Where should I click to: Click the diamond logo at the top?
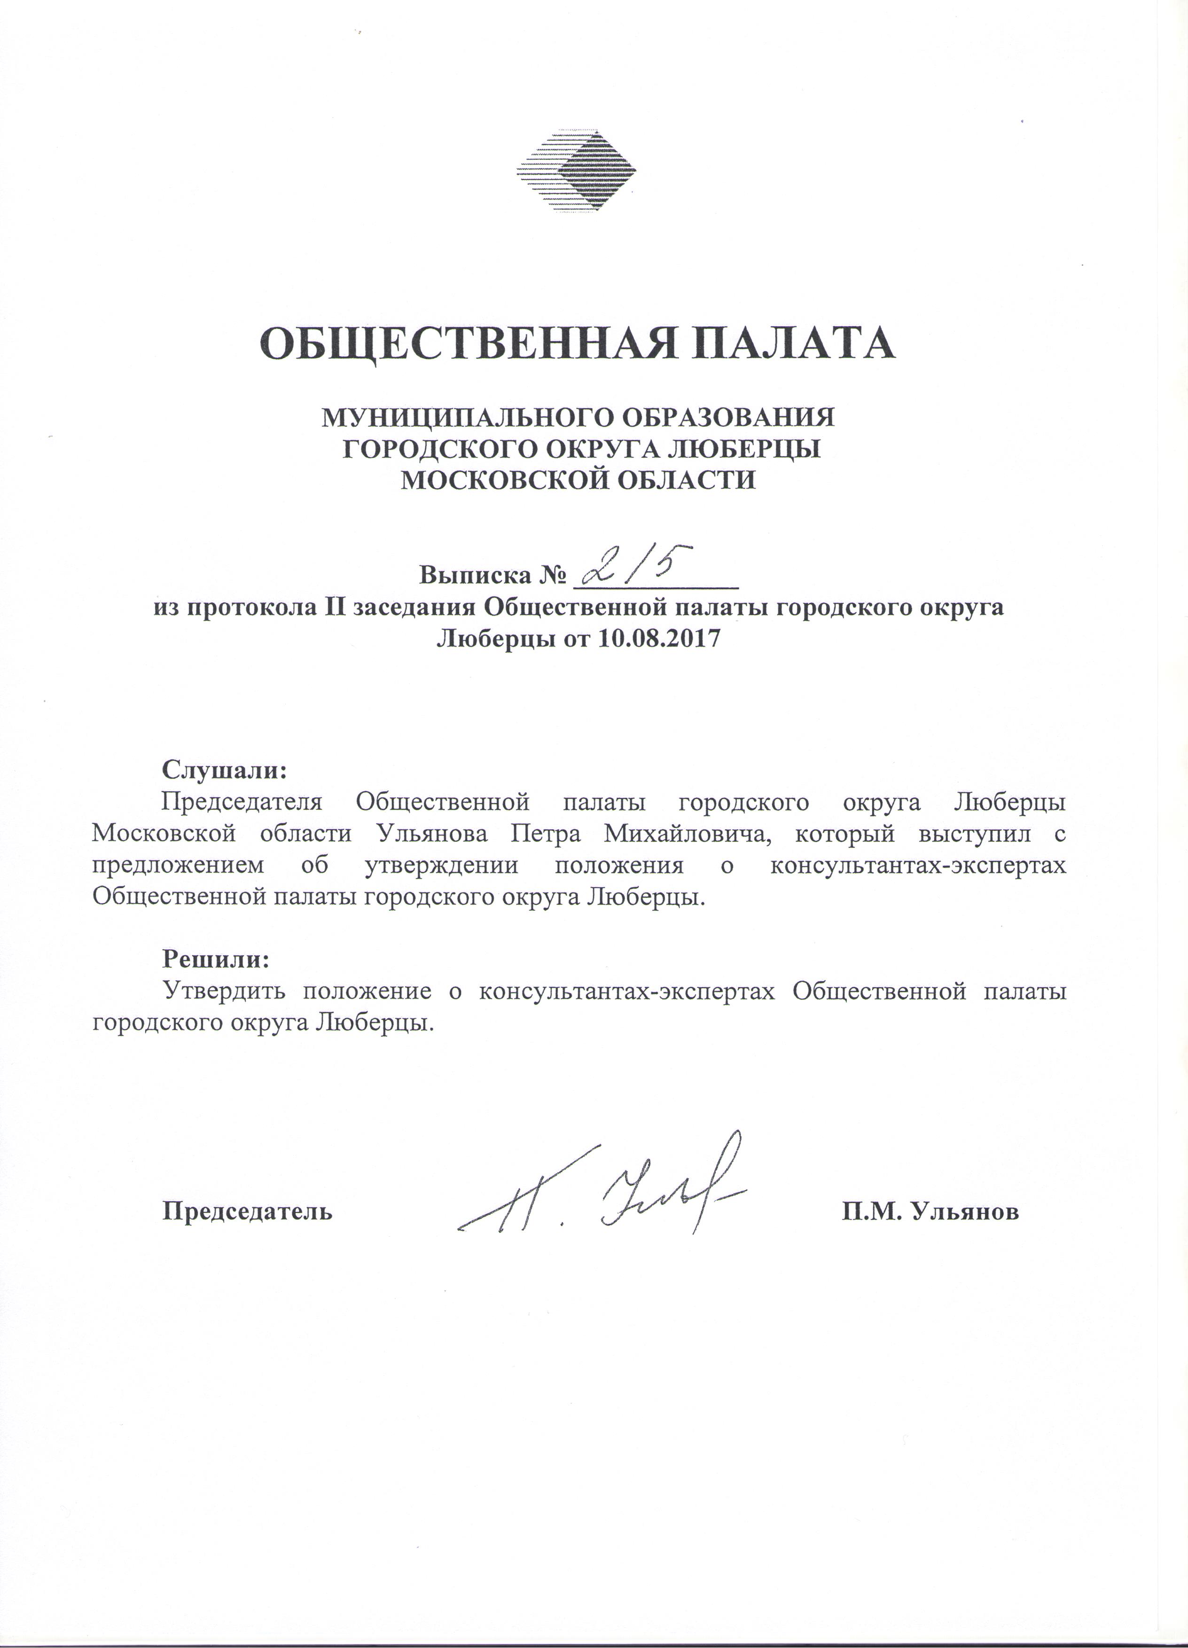click(x=576, y=172)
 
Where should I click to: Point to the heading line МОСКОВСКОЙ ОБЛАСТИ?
click(x=579, y=480)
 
